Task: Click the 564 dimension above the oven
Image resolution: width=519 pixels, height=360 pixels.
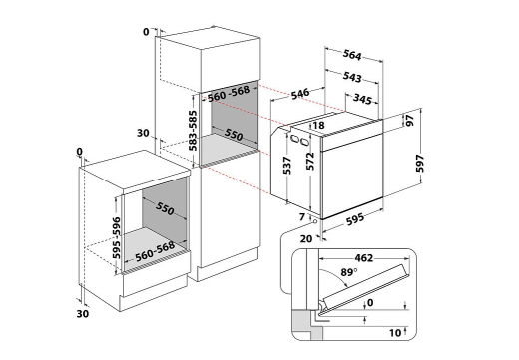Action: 352,55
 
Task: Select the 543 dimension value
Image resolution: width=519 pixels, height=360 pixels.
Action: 352,77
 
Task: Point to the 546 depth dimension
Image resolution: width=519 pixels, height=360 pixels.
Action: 300,93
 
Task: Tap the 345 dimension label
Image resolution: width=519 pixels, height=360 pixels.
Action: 362,99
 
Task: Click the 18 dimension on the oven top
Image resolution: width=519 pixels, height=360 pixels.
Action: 318,125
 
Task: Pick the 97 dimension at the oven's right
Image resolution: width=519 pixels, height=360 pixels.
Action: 410,120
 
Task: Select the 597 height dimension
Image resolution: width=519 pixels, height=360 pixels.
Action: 420,164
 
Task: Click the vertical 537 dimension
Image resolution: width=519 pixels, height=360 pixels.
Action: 287,166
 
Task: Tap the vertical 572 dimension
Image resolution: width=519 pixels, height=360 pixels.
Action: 310,161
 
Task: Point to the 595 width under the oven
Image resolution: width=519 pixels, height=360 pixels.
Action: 355,219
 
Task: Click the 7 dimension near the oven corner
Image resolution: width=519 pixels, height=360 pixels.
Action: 302,217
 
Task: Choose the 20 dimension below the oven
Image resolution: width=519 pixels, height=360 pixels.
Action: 306,238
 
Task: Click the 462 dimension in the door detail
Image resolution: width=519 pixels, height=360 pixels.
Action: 364,258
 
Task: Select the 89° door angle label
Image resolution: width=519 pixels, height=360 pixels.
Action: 349,272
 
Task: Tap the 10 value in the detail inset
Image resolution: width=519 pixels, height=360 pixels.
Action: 395,333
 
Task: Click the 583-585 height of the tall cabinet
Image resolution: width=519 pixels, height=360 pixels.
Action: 193,130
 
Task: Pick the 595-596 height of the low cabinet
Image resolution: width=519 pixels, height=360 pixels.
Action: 116,237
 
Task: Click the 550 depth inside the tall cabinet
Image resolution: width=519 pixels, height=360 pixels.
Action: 234,134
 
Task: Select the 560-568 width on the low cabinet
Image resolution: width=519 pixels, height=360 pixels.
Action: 155,251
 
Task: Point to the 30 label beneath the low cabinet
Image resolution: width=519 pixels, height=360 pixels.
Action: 83,313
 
